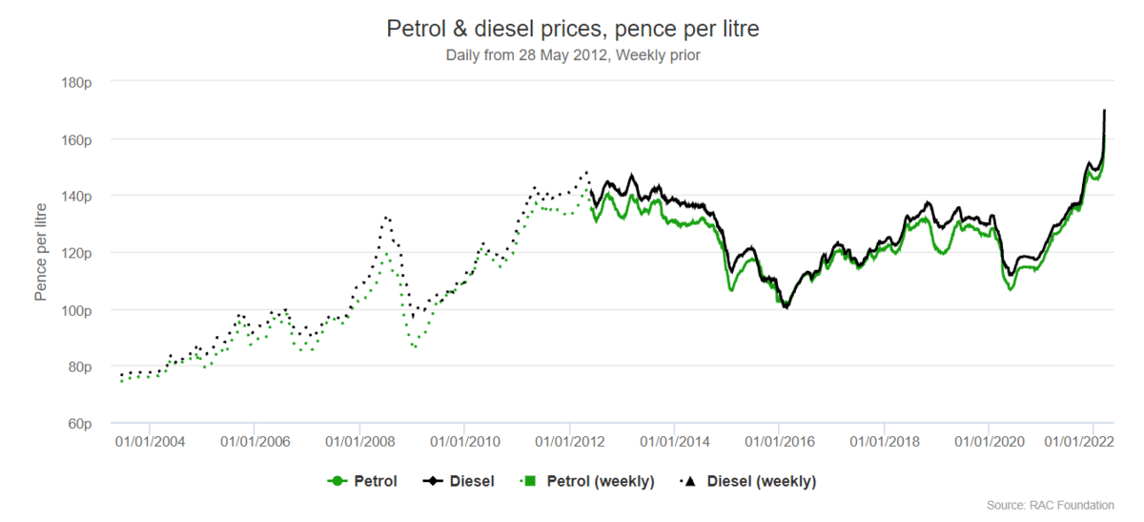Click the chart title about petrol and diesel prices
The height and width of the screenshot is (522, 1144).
coord(572,29)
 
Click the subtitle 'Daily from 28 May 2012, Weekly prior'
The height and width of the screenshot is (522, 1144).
coord(572,55)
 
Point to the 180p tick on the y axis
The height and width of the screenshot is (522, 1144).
coord(75,82)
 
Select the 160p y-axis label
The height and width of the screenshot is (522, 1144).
coord(75,139)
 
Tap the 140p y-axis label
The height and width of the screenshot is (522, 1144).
coord(75,196)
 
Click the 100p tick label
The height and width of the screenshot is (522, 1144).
coord(75,310)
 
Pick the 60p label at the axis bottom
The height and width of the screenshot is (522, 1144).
coord(78,424)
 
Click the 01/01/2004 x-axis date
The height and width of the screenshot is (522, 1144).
coord(150,442)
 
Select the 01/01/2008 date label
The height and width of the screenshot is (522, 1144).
coord(359,442)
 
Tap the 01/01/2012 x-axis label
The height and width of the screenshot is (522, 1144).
coord(569,442)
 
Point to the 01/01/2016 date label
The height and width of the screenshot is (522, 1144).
coord(779,442)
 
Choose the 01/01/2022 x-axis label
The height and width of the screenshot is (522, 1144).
coord(1080,442)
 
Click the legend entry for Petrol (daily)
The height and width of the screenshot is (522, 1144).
coord(363,481)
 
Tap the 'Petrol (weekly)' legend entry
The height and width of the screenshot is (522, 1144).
coord(587,481)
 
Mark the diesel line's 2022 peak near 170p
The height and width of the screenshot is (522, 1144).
coord(1104,111)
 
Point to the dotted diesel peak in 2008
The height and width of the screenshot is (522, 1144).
coord(386,217)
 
